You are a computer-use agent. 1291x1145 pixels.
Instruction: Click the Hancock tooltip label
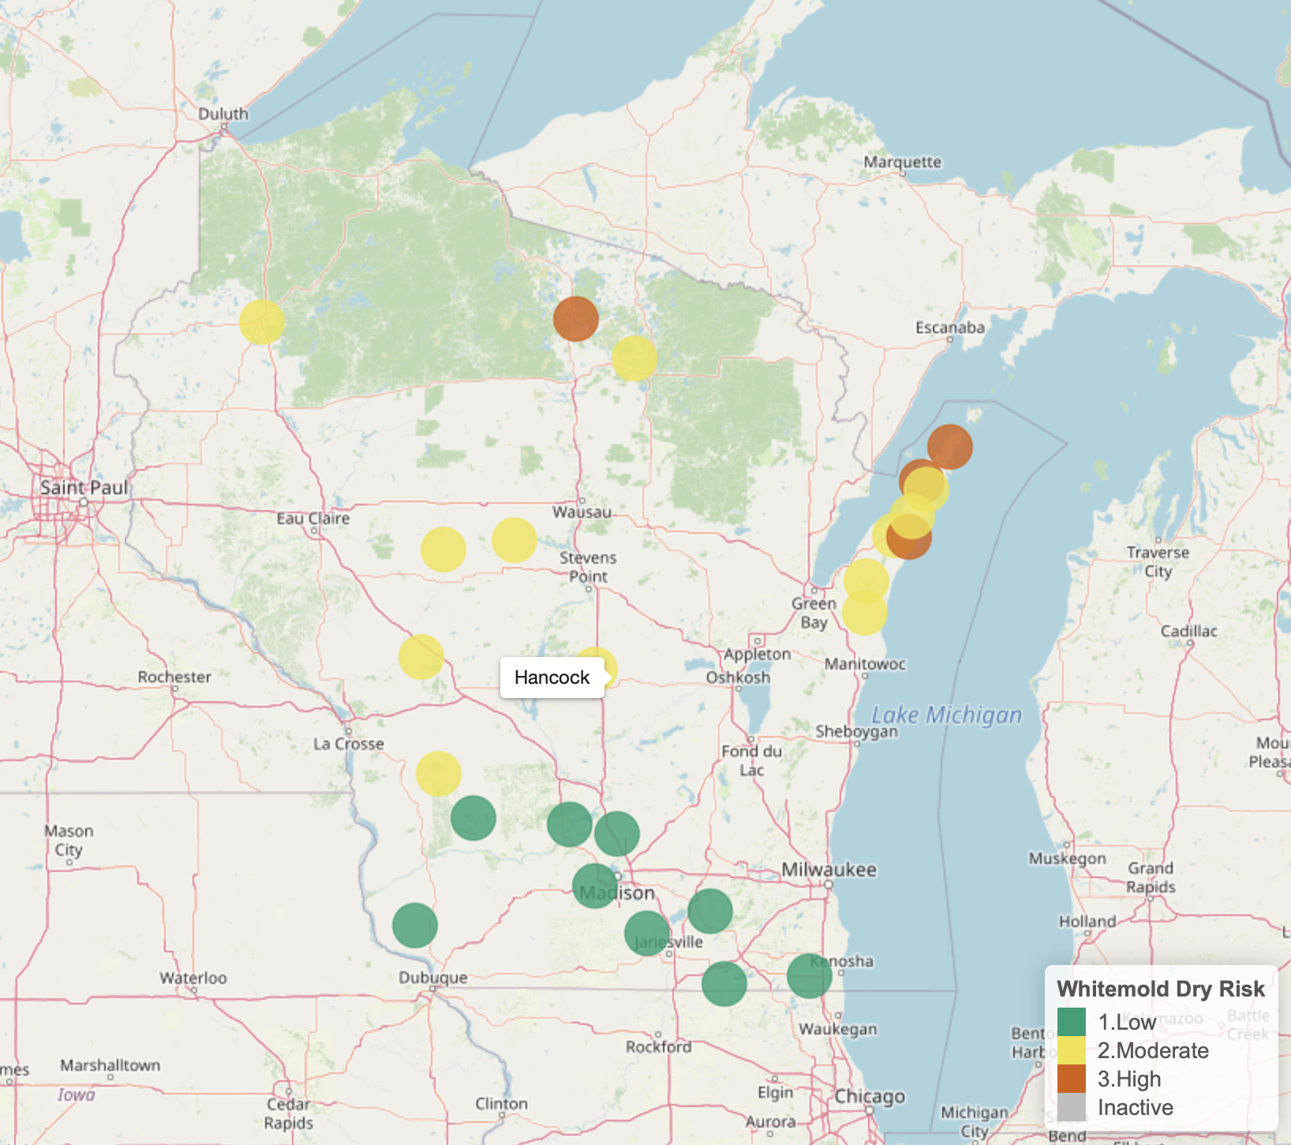(552, 678)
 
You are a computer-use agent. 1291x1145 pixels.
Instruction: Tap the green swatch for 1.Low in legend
(1071, 1022)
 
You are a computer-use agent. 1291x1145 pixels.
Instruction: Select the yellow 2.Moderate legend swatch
(1071, 1050)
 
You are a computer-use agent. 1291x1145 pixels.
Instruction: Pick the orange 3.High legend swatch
(1071, 1079)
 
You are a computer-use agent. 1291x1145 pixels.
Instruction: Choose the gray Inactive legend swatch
(1071, 1107)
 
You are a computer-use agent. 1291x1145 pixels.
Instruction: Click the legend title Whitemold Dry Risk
(1160, 989)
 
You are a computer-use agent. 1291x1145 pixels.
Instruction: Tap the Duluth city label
(223, 114)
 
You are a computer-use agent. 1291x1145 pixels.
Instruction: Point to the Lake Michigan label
(946, 715)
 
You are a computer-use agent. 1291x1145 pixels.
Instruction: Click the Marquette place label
(902, 162)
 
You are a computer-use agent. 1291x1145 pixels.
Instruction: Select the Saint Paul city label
(84, 487)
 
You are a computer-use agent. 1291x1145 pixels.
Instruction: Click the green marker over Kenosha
(809, 976)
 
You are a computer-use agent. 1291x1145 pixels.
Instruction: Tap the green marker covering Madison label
(594, 885)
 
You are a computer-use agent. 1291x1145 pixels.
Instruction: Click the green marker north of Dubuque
(414, 925)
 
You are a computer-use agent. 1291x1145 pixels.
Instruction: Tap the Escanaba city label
(949, 328)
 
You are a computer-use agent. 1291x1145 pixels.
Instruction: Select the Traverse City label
(1158, 561)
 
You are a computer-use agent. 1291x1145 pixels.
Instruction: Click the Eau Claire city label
(312, 519)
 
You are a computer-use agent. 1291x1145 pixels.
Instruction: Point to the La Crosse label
(348, 744)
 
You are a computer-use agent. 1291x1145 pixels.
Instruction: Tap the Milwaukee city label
(829, 869)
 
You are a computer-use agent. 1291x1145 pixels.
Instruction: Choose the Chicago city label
(870, 1097)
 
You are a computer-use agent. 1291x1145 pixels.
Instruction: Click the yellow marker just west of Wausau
(515, 540)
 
